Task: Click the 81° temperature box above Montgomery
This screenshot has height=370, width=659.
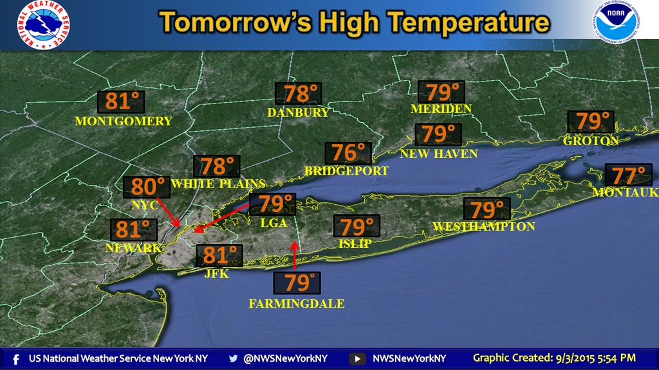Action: [x=121, y=101]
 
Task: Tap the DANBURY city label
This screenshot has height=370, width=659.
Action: [x=299, y=113]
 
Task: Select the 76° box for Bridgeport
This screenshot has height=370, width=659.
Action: [x=348, y=153]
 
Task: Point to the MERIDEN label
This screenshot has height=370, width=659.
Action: [x=441, y=109]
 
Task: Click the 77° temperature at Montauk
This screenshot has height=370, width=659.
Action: [x=628, y=175]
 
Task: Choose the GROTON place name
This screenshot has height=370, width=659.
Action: [x=591, y=141]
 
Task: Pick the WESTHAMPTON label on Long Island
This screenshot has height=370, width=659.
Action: [x=484, y=227]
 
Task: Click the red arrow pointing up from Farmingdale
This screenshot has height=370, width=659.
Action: [x=294, y=254]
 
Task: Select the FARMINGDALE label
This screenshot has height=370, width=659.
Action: [x=297, y=304]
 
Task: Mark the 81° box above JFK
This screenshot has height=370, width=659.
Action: [x=219, y=256]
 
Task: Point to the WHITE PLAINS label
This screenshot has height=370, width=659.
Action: [x=210, y=183]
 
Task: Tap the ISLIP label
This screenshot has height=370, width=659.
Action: [x=355, y=244]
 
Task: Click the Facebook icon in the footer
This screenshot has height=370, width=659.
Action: [x=15, y=358]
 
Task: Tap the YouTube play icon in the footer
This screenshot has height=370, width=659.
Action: [x=358, y=358]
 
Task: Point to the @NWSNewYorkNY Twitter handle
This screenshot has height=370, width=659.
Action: [x=285, y=358]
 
